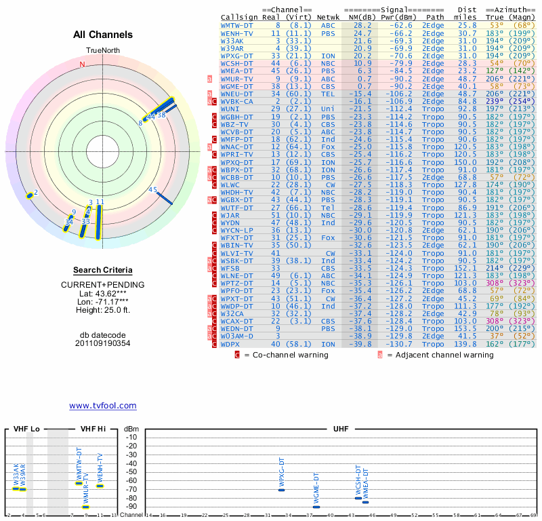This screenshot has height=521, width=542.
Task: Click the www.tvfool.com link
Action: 102,406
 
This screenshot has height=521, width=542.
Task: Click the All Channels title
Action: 102,35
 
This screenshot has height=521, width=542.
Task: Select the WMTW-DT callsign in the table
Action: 237,25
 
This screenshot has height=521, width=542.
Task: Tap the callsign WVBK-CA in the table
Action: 237,101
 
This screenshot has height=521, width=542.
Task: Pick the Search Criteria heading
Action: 102,270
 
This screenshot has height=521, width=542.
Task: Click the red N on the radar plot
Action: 83,65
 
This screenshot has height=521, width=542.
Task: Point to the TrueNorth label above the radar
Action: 102,52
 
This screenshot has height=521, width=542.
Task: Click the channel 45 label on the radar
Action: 153,190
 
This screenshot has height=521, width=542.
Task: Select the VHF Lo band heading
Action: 26,429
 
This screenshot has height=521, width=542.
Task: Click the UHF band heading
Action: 341,429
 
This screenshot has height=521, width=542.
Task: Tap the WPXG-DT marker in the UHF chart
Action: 281,490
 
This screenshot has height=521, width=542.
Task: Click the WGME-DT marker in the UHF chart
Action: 316,507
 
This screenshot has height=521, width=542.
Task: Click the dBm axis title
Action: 131,429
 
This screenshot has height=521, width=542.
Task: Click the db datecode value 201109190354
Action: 102,343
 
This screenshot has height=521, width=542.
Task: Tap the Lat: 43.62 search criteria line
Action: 102,293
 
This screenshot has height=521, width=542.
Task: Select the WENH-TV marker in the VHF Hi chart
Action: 100,486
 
